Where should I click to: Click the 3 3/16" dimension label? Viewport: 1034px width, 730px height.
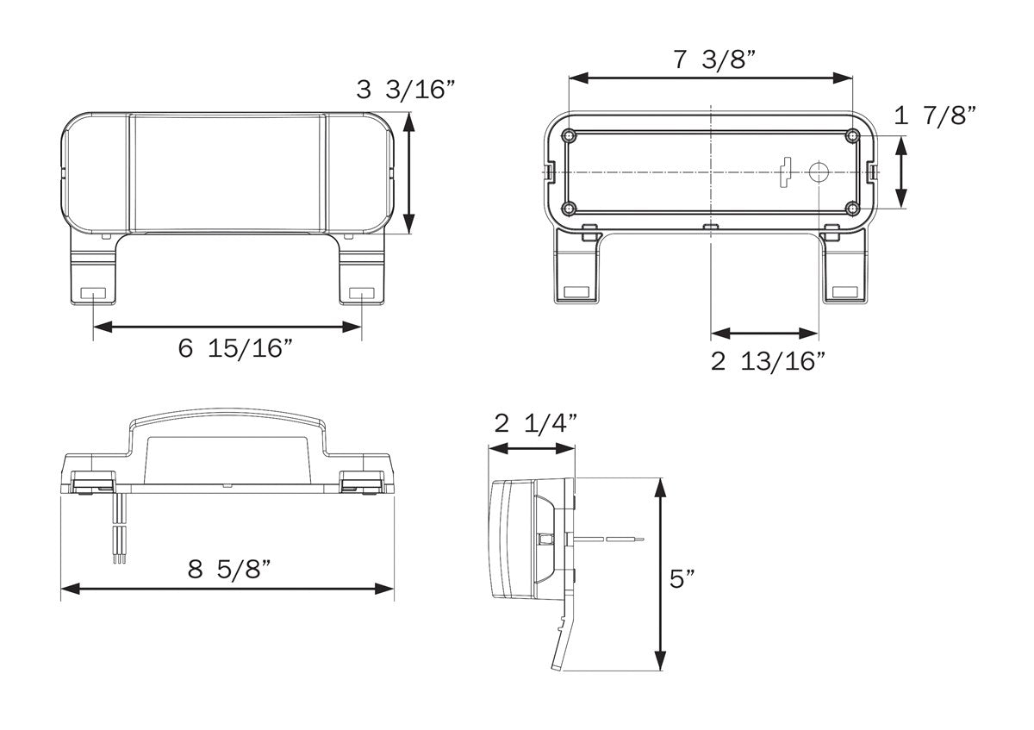pos(406,90)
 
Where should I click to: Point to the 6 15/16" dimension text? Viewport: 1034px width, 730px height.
pos(236,349)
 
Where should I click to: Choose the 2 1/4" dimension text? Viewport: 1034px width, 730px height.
pos(535,423)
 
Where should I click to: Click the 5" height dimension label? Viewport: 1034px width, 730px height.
pos(683,577)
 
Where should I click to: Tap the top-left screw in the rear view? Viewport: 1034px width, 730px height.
pos(569,136)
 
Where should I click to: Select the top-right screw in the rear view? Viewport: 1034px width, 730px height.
pos(851,136)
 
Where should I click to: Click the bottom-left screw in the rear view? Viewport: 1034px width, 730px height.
pos(569,209)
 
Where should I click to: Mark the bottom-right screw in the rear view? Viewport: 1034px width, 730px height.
pos(851,209)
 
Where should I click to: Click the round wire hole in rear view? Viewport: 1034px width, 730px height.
pos(816,172)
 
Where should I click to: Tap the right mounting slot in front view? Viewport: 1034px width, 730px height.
pos(362,294)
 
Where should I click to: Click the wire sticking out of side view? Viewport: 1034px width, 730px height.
pos(607,539)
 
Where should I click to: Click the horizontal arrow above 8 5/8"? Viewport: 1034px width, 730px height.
pos(227,589)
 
